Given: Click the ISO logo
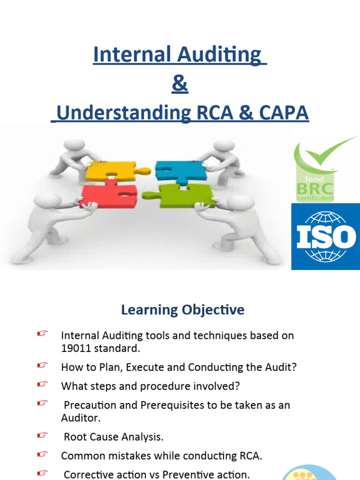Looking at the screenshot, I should pos(326,237).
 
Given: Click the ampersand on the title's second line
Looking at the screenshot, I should pos(180,85).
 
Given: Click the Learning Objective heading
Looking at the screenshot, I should pos(182,310).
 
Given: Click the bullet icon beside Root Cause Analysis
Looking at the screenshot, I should pos(43,436).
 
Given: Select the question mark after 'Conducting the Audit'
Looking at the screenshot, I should pos(294,367).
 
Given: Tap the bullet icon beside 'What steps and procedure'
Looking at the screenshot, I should pos(43,384).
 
